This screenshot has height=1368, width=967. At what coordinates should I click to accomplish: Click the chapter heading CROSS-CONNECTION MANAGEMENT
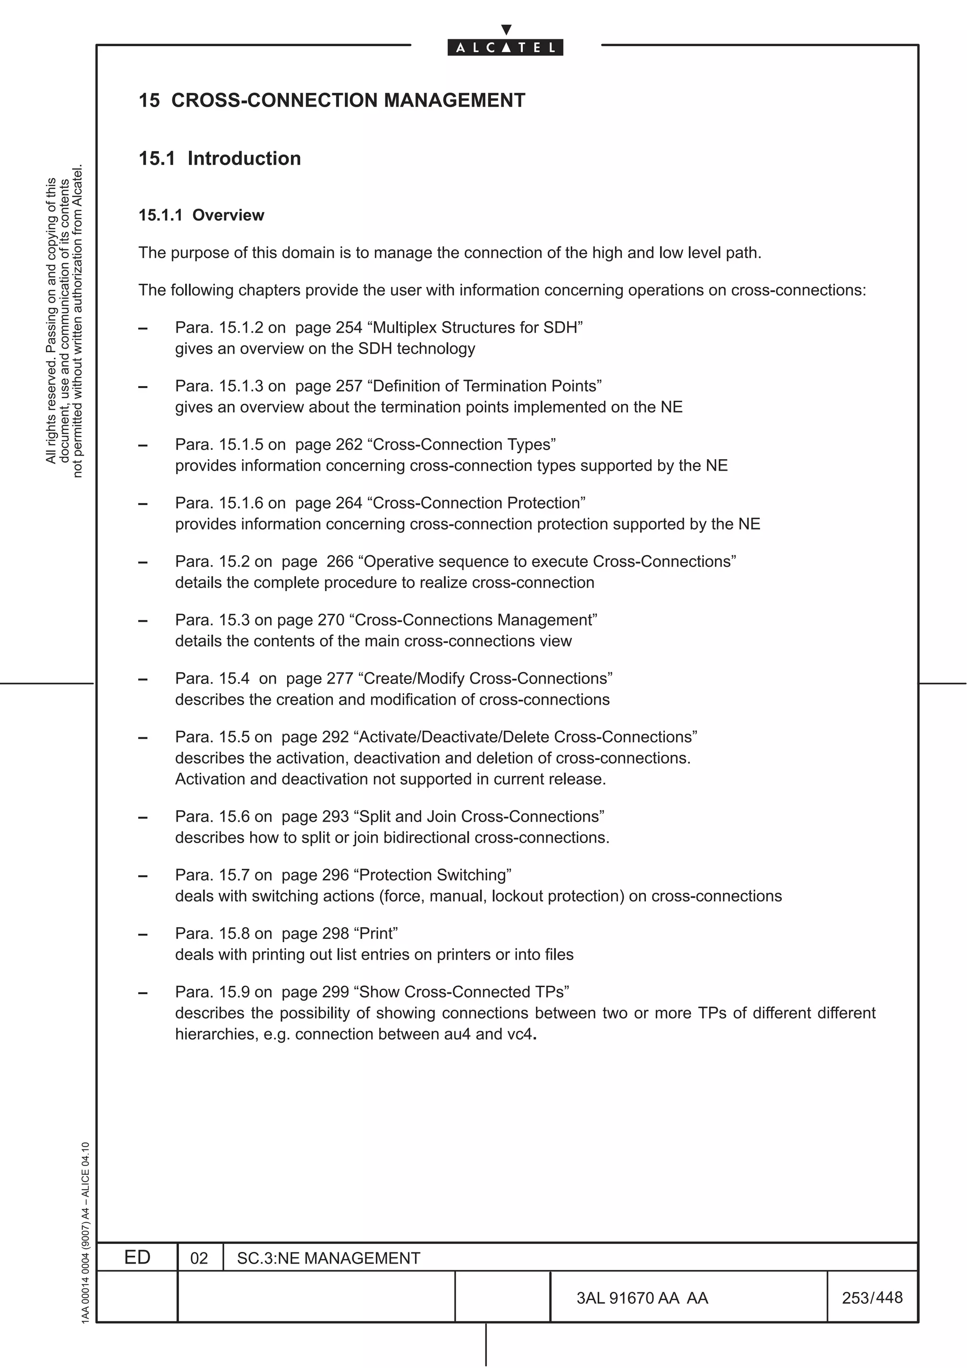coord(348,100)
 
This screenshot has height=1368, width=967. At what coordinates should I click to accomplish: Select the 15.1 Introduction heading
coord(220,159)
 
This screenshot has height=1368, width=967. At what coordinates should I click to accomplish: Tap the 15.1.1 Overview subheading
coord(202,215)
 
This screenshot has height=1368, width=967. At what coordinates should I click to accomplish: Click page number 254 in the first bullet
coord(349,328)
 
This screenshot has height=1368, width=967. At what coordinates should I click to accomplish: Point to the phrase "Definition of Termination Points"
coord(485,386)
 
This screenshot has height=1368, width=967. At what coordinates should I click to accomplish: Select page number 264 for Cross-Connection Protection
coord(349,503)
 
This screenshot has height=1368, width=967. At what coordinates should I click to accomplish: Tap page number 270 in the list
coord(331,620)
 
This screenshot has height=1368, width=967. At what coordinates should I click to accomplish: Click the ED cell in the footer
coord(137,1257)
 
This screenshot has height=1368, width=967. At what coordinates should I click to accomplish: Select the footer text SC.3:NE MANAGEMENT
coord(328,1258)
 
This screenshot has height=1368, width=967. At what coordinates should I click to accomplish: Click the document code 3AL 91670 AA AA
coord(642,1298)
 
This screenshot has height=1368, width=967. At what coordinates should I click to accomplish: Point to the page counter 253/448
coord(872,1298)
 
